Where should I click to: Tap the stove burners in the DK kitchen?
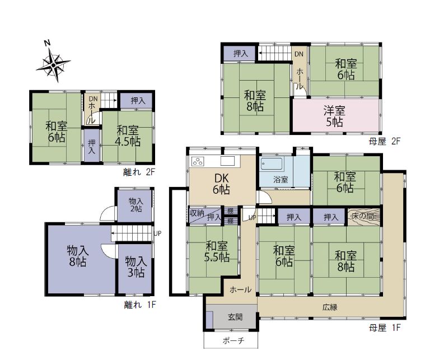click(197, 162)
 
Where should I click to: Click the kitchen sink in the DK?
click(227, 161)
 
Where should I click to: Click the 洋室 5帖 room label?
click(334, 116)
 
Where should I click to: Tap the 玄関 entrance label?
click(235, 317)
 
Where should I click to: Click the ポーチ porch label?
click(233, 340)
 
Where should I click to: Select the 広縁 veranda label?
click(330, 307)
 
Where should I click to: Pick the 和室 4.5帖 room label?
click(128, 136)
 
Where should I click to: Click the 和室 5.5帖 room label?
click(217, 251)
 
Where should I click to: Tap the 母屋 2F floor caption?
click(384, 141)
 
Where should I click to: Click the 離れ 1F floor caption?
click(140, 305)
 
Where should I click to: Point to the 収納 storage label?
click(197, 213)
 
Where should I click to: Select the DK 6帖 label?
click(221, 184)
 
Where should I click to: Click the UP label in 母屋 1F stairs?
click(253, 217)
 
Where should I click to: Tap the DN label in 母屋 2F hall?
click(299, 54)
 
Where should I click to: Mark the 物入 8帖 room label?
click(77, 256)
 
